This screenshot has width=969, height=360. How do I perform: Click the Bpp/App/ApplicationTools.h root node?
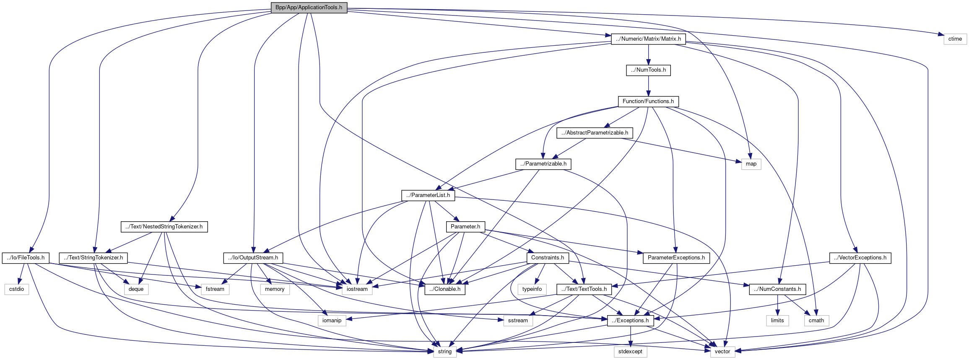pos(309,8)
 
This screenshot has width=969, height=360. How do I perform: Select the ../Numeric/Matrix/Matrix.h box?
pos(648,39)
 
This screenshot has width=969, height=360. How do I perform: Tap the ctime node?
pos(955,39)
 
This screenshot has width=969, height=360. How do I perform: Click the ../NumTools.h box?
pos(648,70)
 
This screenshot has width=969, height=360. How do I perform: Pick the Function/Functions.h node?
pos(648,101)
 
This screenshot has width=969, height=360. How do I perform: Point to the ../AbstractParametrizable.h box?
pos(595,133)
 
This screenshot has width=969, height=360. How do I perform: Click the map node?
pos(751,164)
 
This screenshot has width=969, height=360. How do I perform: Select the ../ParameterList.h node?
pos(428,195)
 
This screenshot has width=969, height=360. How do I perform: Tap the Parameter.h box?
pos(465,227)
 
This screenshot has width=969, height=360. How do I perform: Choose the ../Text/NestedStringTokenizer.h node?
pos(164,227)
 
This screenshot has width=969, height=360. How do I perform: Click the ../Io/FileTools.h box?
pos(26,258)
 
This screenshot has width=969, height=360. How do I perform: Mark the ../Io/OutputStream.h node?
pos(253,258)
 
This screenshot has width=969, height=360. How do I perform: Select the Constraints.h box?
pos(547,258)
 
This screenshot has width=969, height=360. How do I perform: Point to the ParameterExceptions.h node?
pos(676,258)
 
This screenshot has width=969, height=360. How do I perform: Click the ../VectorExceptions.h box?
pos(860,258)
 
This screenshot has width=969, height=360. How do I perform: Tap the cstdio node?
pos(17,289)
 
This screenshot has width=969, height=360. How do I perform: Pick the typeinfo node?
pos(532,289)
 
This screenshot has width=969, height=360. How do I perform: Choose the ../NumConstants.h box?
pos(777,289)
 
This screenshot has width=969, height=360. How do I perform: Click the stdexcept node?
pos(630,352)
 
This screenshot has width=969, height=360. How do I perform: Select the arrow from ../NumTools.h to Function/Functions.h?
pos(648,86)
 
